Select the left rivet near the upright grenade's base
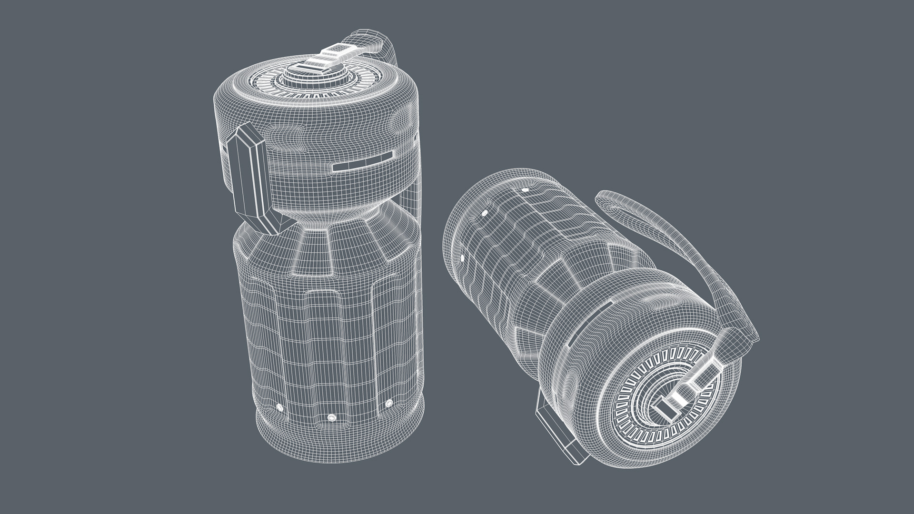coord(279,408)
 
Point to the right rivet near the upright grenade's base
coord(389,403)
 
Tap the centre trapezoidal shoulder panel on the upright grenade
coord(312,253)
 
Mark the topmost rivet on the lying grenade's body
coord(525,190)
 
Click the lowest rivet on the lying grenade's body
coord(462,258)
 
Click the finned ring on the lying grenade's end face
coord(638,405)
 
